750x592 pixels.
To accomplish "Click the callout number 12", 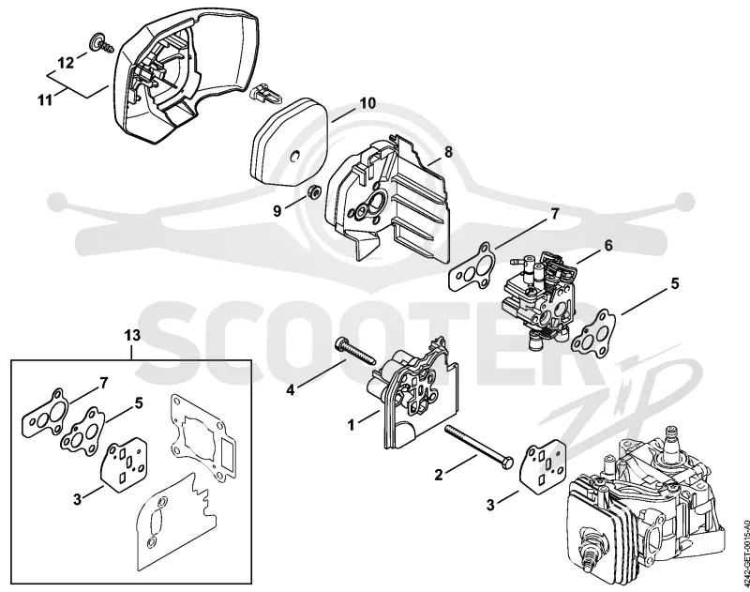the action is [x=67, y=63].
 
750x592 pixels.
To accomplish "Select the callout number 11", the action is [x=45, y=100].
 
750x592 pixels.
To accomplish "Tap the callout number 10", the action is [x=367, y=103].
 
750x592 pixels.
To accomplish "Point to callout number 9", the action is [x=277, y=211].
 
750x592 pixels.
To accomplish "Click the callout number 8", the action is [x=448, y=152].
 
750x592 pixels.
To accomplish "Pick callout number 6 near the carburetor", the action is [x=607, y=246].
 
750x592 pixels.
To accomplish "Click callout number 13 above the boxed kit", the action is [x=132, y=336].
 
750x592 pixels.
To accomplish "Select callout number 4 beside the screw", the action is [x=291, y=390].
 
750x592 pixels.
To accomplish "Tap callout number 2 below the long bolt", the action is [x=438, y=475].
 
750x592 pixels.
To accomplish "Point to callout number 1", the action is [x=351, y=424].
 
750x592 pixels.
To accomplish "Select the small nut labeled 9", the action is [x=314, y=192].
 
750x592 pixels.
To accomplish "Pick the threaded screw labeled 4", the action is [x=356, y=352].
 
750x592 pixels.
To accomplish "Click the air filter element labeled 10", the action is [x=288, y=143].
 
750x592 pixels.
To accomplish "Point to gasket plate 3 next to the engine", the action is [x=543, y=466].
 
